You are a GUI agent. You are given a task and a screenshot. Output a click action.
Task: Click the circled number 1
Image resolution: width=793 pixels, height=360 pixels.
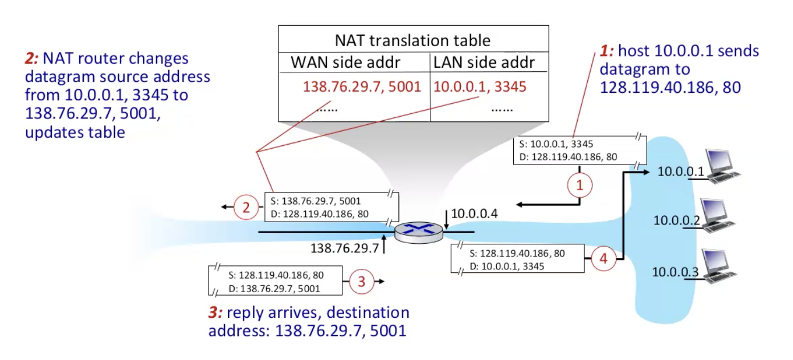pyautogui.click(x=580, y=185)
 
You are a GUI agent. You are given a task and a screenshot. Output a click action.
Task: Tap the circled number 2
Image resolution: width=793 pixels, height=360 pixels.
pyautogui.click(x=246, y=207)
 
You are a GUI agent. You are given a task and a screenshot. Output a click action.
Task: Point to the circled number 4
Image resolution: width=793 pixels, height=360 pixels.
pyautogui.click(x=603, y=259)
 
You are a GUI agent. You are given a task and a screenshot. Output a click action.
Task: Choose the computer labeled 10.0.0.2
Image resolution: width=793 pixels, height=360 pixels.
pyautogui.click(x=719, y=215)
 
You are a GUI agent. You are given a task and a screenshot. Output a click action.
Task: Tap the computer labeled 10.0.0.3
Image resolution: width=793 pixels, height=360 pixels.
pyautogui.click(x=719, y=265)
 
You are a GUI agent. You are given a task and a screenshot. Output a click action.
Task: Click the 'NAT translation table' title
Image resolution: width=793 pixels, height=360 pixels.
pyautogui.click(x=412, y=40)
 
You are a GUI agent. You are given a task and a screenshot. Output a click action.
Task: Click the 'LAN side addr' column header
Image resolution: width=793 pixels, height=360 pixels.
pyautogui.click(x=484, y=62)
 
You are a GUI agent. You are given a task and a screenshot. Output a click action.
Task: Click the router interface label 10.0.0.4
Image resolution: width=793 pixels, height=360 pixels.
pyautogui.click(x=475, y=214)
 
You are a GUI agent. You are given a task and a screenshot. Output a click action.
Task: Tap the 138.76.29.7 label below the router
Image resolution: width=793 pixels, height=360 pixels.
pyautogui.click(x=344, y=248)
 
